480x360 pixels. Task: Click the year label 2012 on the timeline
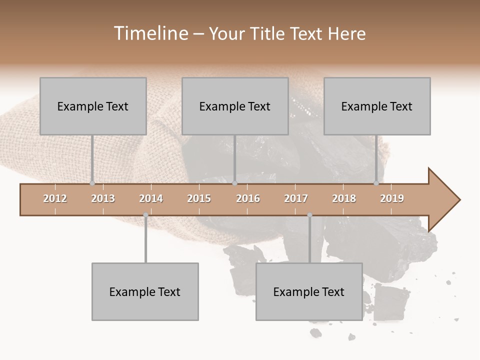point(55,198)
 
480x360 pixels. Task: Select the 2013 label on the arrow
point(103,198)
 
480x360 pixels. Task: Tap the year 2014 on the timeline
point(151,198)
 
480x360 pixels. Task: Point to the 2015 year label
point(199,198)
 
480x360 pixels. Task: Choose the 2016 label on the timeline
point(248,198)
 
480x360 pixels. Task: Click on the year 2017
point(296,198)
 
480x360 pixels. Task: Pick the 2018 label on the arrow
point(344,198)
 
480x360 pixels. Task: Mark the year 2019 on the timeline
point(392,198)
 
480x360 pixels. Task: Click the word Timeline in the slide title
point(150,33)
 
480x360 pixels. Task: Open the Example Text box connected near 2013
point(93,106)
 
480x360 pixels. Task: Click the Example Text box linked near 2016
point(235,106)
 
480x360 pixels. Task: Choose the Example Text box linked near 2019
point(377,106)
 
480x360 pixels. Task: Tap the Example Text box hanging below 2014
point(145,291)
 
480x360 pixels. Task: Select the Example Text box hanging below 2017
point(309,291)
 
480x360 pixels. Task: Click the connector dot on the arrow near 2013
point(92,183)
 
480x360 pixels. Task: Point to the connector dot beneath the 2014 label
point(145,215)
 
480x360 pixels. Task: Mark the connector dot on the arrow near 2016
point(234,183)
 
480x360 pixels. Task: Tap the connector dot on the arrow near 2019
point(376,183)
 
